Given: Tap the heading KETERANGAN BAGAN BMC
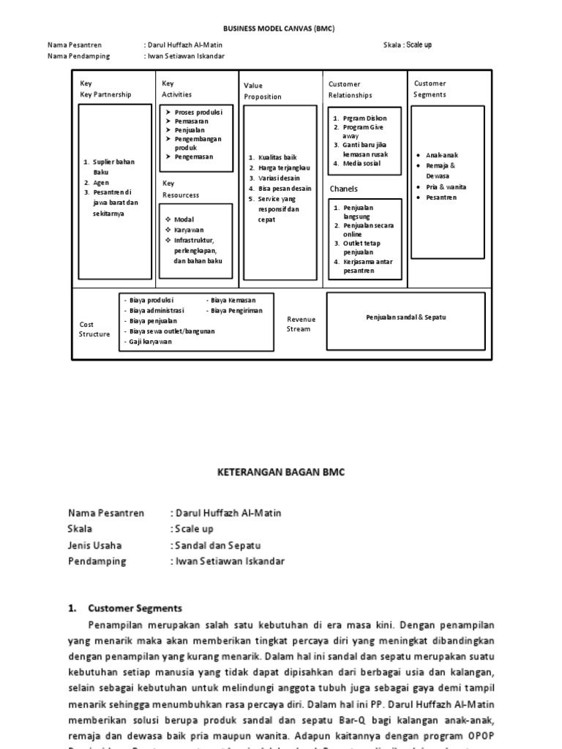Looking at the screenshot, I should click(281, 473).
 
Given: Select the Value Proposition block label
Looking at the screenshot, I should click(262, 91).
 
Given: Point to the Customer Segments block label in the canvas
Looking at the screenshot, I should click(430, 89).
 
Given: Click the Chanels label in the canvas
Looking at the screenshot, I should click(343, 189).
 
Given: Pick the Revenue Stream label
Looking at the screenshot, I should click(301, 324).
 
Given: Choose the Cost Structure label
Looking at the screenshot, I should click(94, 329).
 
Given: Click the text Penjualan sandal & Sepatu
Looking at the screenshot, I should click(406, 317).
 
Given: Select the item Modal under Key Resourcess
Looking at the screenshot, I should click(184, 219).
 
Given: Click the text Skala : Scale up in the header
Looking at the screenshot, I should click(408, 45).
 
